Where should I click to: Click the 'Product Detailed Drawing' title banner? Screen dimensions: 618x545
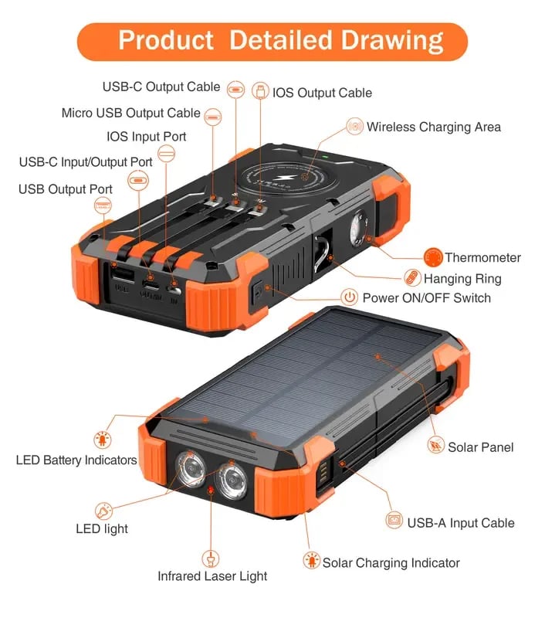tap(272, 41)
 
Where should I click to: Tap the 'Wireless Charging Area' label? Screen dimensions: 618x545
tap(433, 127)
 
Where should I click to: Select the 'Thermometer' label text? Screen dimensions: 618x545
tap(482, 258)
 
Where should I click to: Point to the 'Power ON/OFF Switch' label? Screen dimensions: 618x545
tap(426, 297)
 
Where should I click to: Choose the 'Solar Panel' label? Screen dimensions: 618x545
tap(480, 447)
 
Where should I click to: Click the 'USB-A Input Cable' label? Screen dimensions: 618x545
tap(460, 523)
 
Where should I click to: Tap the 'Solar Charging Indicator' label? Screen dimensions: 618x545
tap(391, 562)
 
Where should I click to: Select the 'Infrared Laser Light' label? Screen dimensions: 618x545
tap(212, 576)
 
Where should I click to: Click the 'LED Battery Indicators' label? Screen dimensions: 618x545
tap(76, 460)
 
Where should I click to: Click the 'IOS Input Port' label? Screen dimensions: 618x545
tap(146, 137)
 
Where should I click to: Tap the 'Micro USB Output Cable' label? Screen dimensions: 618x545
tap(130, 114)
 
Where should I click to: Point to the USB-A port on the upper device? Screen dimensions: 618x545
tap(122, 276)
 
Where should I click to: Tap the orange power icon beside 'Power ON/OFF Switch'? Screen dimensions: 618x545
tap(350, 297)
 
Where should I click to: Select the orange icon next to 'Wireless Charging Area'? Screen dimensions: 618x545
tap(354, 127)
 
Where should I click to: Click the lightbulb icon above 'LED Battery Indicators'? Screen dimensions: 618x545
tap(101, 441)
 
